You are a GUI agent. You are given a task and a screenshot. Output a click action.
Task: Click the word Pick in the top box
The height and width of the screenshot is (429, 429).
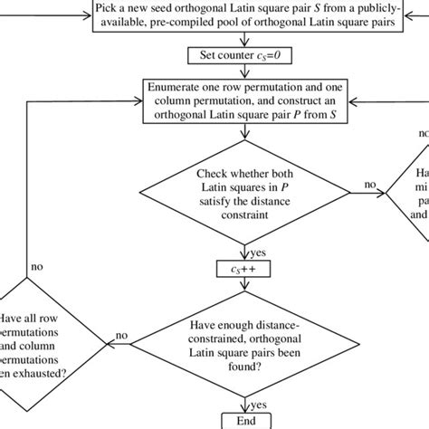point(110,9)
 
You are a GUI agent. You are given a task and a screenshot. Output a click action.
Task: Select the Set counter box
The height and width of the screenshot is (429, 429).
point(240,56)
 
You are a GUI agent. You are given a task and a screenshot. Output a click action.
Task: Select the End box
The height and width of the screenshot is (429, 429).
point(240,420)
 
